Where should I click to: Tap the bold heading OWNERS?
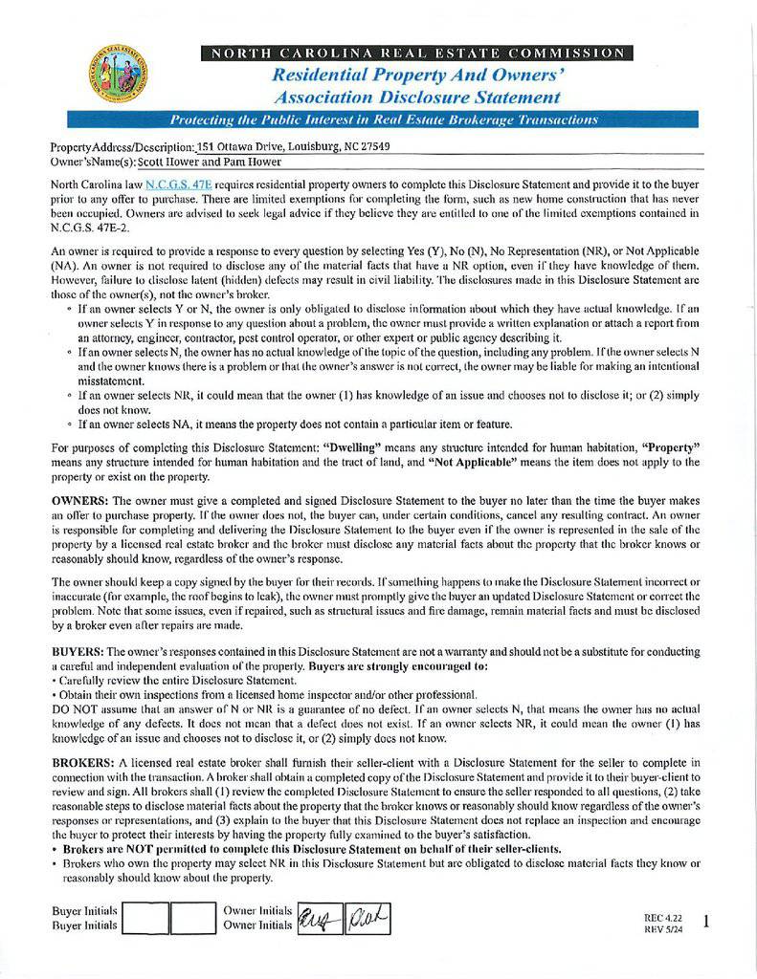[80, 500]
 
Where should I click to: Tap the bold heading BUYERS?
[79, 651]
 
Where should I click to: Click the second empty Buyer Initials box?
[193, 919]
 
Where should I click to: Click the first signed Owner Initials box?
[319, 919]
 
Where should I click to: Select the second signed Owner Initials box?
[367, 919]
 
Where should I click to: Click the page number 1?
[705, 922]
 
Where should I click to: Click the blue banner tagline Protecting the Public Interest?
[383, 120]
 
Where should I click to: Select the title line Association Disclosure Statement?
[416, 98]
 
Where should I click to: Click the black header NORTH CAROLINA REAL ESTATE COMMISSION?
[416, 53]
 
